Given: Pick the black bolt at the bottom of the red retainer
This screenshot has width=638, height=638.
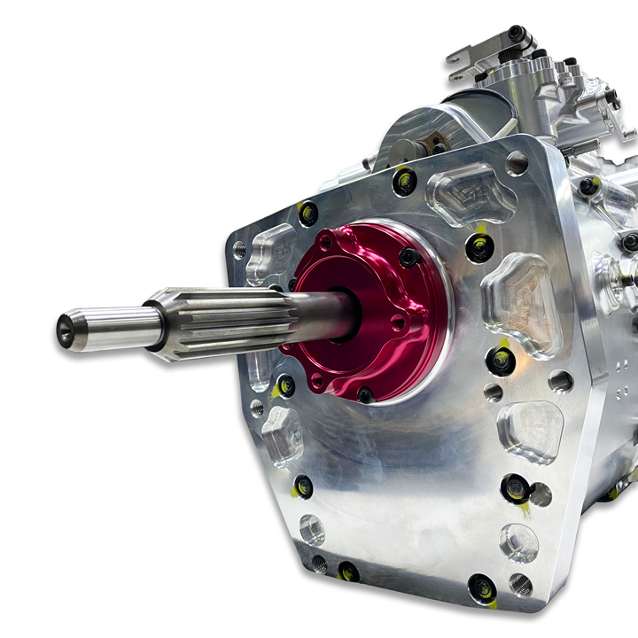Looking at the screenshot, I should [364, 393].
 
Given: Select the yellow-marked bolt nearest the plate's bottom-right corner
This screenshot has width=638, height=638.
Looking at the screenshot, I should [482, 587].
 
